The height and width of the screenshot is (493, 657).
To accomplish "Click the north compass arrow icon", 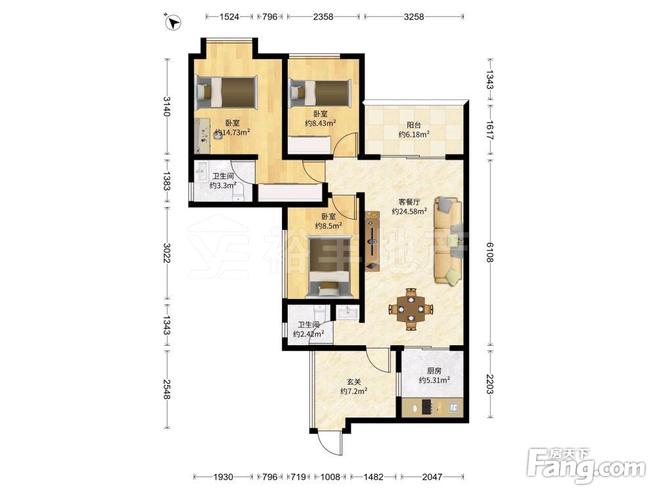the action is click(x=173, y=22).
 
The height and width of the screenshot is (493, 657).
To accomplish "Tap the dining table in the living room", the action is click(x=411, y=310).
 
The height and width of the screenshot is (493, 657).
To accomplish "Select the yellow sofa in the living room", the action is click(x=448, y=241).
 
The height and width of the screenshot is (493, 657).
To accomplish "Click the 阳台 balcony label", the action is click(x=413, y=125).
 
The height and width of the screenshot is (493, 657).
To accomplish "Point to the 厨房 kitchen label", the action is click(x=434, y=371).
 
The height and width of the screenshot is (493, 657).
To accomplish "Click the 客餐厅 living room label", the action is click(x=409, y=202).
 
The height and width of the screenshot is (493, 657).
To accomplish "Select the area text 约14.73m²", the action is click(x=232, y=133).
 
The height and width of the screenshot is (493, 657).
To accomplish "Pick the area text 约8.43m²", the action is click(x=321, y=124).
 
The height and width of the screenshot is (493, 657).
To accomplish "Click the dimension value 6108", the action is click(x=489, y=253).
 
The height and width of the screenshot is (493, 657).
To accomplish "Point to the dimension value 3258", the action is click(x=414, y=17).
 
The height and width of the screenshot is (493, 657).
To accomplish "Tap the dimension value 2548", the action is click(x=167, y=389).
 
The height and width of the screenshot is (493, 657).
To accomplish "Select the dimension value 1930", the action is click(x=223, y=477).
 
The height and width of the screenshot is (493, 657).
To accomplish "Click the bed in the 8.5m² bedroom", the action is click(x=329, y=267).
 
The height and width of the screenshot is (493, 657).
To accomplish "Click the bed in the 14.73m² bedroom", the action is click(x=226, y=92).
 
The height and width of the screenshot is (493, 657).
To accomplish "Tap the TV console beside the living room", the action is click(x=372, y=241).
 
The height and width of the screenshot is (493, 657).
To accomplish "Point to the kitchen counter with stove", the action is click(x=432, y=408).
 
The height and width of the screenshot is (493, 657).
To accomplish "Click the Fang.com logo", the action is click(x=586, y=466).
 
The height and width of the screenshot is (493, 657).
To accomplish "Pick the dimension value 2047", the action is click(x=432, y=477).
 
